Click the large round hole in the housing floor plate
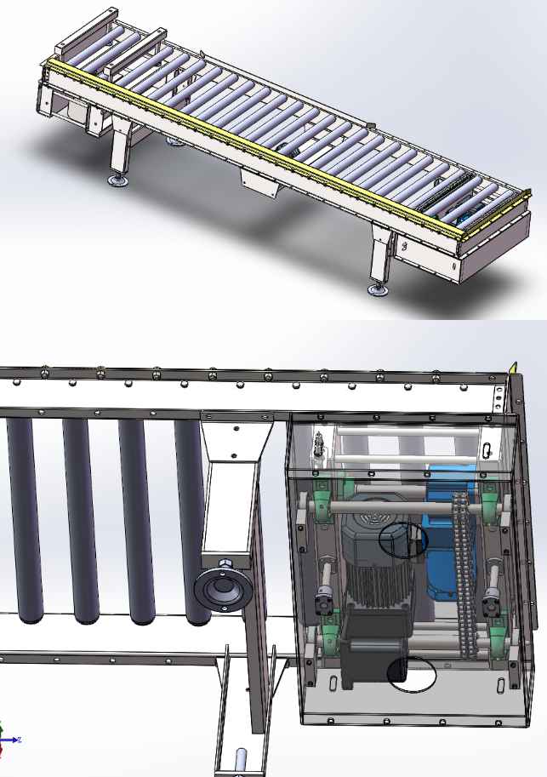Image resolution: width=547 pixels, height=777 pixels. pyautogui.click(x=412, y=674)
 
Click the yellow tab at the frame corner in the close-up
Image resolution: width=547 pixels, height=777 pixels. pyautogui.click(x=513, y=365)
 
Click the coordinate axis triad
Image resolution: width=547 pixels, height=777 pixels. pyautogui.click(x=7, y=737)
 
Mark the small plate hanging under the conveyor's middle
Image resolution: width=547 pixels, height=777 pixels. pyautogui.click(x=260, y=181)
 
